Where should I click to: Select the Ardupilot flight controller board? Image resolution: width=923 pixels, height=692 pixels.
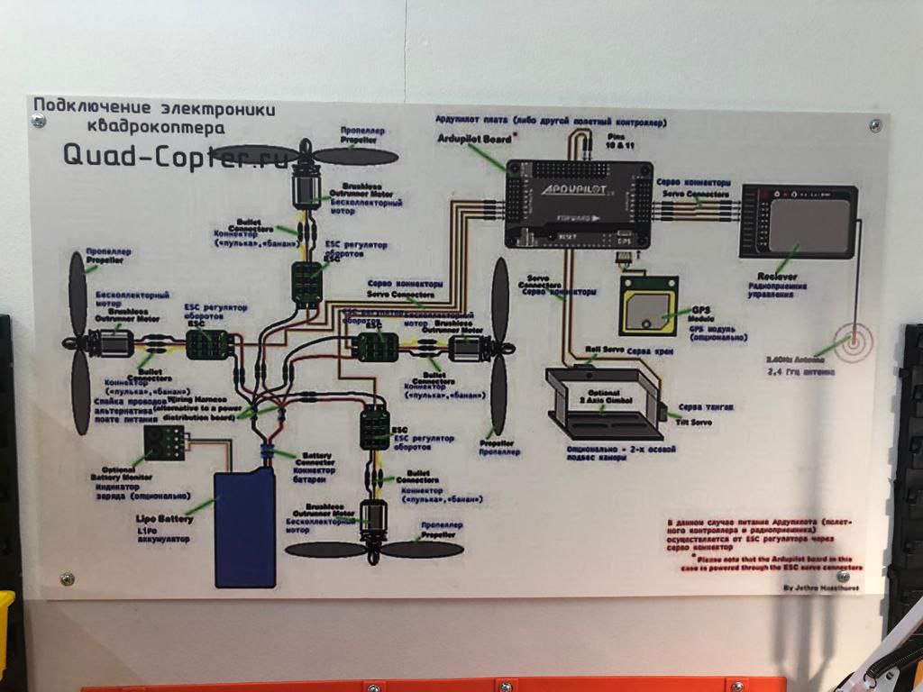coord(578,204)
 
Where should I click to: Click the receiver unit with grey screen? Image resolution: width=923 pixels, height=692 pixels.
coord(798,222)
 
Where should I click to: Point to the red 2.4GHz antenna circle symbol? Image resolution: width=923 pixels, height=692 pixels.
coord(853,342)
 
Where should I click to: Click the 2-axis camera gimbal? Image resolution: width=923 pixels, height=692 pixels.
coord(605,403)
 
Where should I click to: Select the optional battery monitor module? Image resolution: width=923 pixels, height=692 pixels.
coord(165,442)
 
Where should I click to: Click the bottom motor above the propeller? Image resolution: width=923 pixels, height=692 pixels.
coord(372,521)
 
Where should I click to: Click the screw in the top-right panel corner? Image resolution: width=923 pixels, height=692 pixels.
coord(874,124)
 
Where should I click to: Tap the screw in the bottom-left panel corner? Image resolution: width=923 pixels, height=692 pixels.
coord(67,578)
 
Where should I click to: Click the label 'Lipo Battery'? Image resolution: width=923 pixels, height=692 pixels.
coord(165,521)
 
